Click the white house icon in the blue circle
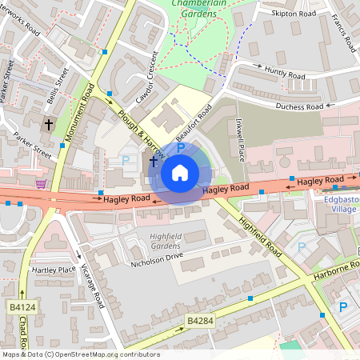pos(180,173)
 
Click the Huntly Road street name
pos(285,74)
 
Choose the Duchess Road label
pos(299,106)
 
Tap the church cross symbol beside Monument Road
pos(48,125)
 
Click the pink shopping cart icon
pos(40,183)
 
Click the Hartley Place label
pos(54,270)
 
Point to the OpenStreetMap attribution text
pos(81,354)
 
